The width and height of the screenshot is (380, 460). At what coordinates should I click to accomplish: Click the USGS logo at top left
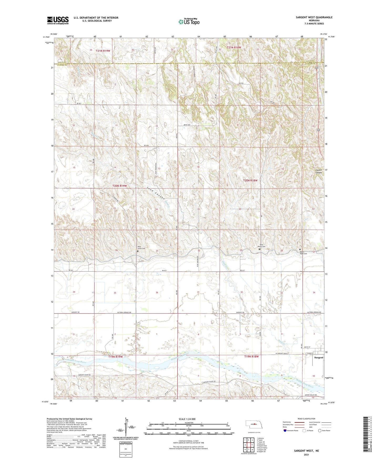(58, 20)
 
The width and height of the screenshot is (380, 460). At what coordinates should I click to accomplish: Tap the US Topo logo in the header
(189, 22)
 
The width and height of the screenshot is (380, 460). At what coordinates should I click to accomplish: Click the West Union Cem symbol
(138, 251)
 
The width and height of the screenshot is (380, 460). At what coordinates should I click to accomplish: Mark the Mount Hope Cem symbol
(300, 249)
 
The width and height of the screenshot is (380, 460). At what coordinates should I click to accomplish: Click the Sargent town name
(319, 358)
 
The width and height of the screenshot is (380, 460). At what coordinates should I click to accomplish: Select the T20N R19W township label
(120, 186)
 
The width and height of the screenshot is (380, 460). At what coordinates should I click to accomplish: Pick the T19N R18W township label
(251, 356)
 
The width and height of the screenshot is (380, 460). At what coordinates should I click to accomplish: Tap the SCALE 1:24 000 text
(187, 419)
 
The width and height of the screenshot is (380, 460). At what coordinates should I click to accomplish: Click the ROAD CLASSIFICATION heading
(306, 419)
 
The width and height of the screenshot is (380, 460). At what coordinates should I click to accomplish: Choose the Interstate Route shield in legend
(285, 430)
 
